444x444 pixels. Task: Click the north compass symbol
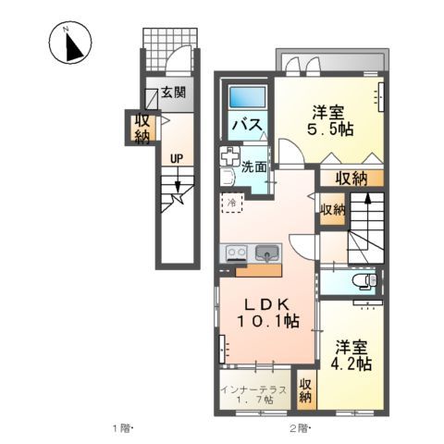point(68,46)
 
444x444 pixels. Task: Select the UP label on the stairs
point(175,158)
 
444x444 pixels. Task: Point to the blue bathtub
point(246,95)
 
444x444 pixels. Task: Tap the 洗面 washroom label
point(254,167)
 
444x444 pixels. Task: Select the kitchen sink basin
point(268,253)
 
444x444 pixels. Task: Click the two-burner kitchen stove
point(235,252)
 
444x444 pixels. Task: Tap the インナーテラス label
point(253,388)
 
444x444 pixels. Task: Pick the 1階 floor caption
point(123,427)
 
